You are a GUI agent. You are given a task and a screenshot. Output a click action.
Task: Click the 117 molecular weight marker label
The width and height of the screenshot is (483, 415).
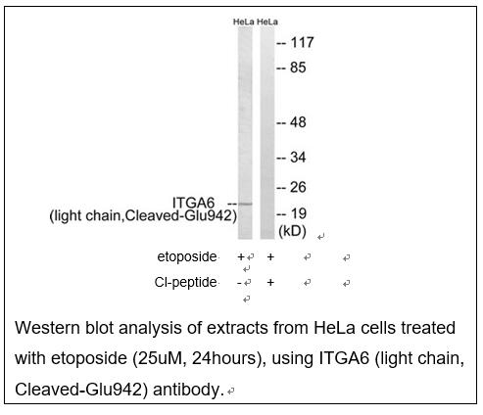pyautogui.click(x=302, y=43)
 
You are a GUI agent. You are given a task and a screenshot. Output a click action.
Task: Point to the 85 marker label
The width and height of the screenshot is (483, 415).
pyautogui.click(x=298, y=68)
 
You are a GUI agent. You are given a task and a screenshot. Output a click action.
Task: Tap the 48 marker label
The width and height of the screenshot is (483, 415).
pyautogui.click(x=298, y=122)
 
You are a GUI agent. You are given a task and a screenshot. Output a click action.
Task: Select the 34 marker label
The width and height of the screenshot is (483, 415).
pyautogui.click(x=298, y=158)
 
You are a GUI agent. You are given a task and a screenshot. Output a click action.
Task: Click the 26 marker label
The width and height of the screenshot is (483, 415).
pyautogui.click(x=298, y=187)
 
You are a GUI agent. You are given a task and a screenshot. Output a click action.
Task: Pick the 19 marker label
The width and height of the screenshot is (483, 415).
pyautogui.click(x=299, y=214)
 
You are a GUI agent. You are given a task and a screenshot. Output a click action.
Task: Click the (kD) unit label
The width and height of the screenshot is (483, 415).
pyautogui.click(x=292, y=231)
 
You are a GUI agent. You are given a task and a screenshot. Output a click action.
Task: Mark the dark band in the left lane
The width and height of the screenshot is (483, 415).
pyautogui.click(x=245, y=205)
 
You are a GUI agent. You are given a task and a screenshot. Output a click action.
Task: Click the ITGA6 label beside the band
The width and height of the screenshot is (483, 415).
pyautogui.click(x=193, y=203)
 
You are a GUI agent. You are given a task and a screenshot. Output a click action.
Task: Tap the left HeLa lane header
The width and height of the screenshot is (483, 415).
pyautogui.click(x=243, y=22)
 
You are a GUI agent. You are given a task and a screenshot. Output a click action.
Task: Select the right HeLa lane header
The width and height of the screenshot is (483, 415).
pyautogui.click(x=267, y=22)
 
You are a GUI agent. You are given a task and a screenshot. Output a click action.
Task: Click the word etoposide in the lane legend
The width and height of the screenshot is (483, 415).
pyautogui.click(x=187, y=257)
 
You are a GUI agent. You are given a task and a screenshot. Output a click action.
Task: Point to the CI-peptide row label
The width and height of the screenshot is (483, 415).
pyautogui.click(x=185, y=283)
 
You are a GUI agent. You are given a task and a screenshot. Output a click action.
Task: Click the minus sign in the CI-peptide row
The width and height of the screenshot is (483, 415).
pyautogui.click(x=239, y=283)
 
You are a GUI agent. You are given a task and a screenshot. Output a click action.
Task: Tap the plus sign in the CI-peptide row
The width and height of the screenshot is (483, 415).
pyautogui.click(x=270, y=283)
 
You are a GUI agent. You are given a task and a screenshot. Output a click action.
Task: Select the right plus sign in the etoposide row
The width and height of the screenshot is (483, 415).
pyautogui.click(x=270, y=257)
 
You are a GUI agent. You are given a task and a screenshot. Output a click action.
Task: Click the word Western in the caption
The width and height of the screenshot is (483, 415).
pyautogui.click(x=47, y=328)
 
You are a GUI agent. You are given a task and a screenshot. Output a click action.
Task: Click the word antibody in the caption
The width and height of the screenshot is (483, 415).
pyautogui.click(x=187, y=390)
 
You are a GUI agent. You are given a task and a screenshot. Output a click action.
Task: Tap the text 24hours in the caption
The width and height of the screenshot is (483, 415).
pyautogui.click(x=224, y=358)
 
